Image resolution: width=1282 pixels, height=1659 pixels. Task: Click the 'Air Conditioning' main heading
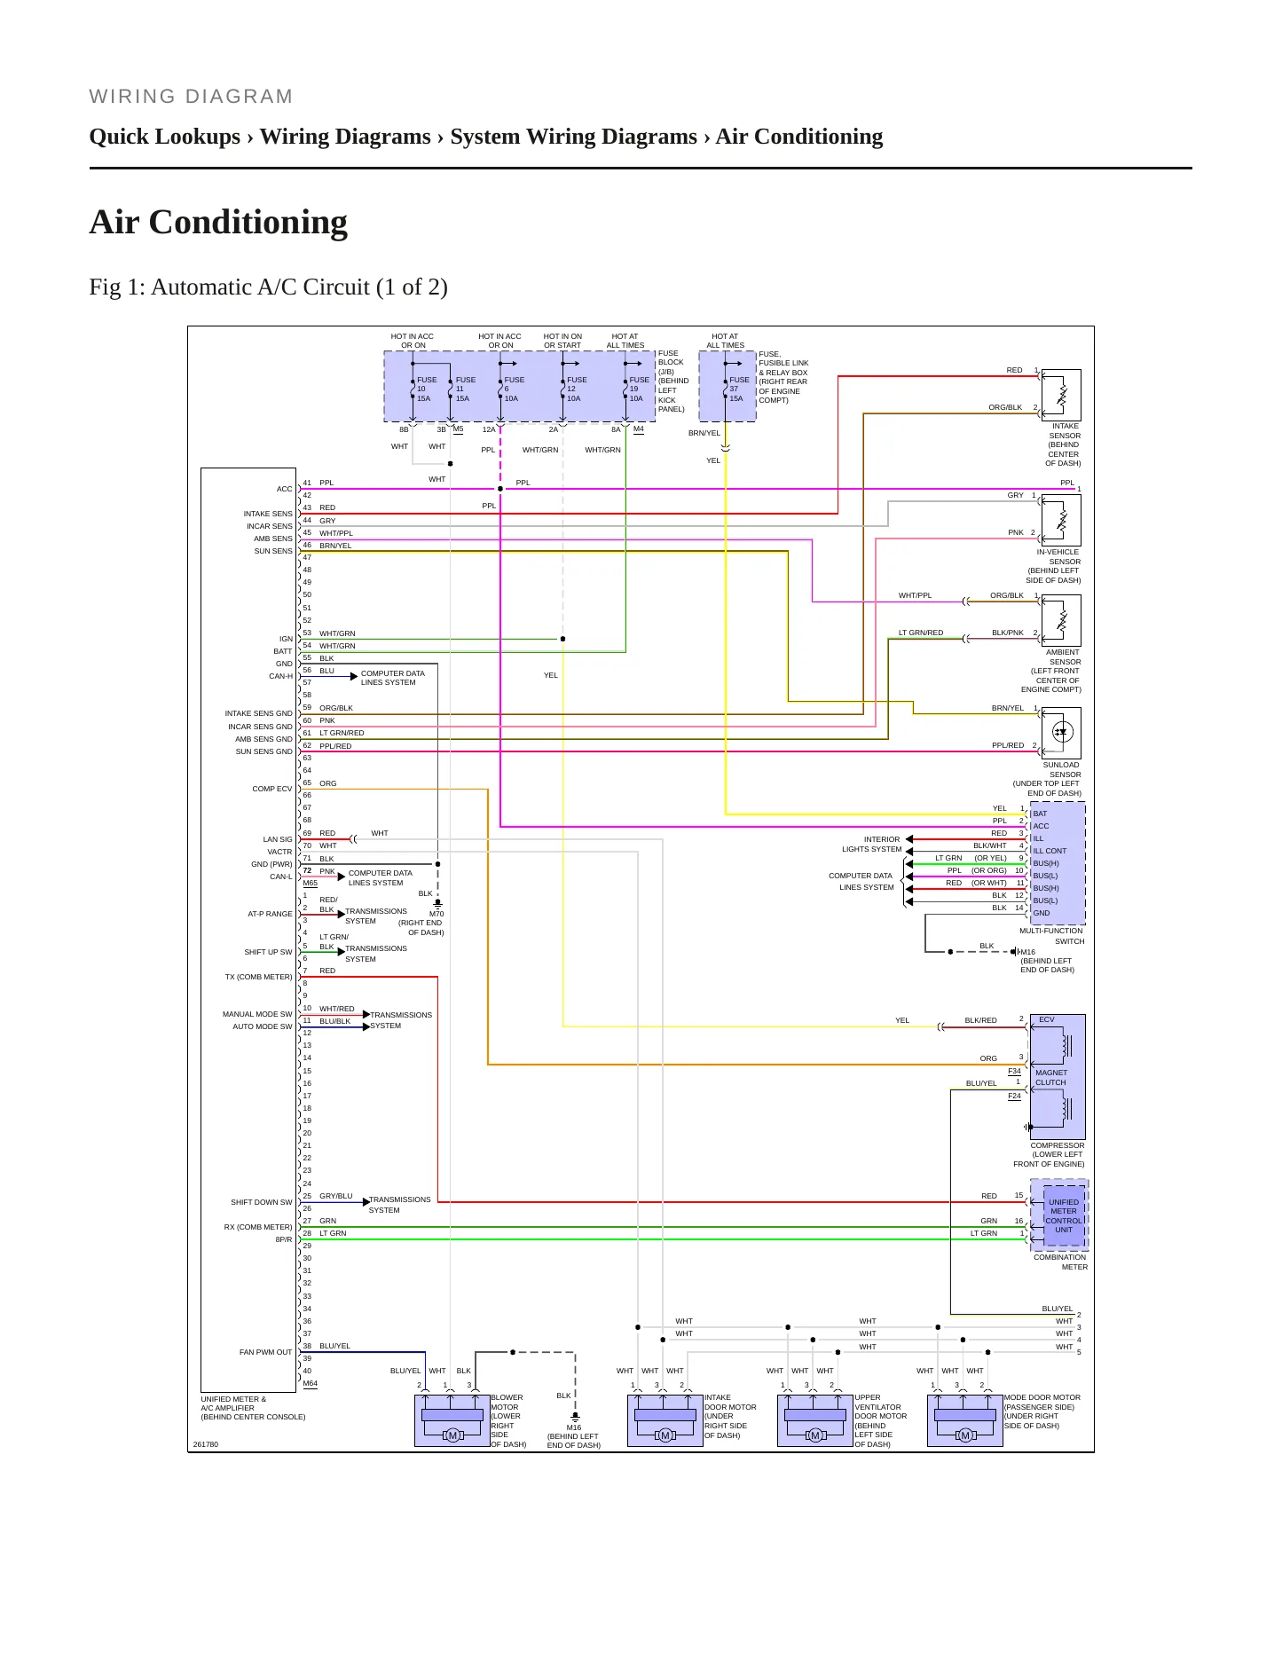click(218, 222)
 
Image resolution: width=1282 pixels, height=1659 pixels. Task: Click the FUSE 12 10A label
click(576, 389)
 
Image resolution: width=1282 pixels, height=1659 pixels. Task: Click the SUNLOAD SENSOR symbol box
click(1061, 733)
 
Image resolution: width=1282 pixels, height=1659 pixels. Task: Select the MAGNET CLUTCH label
click(1051, 1077)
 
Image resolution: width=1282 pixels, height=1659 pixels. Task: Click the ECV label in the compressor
click(1047, 1019)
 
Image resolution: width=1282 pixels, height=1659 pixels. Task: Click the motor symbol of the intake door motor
click(665, 1435)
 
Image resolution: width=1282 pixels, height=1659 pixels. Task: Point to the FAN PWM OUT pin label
click(265, 1352)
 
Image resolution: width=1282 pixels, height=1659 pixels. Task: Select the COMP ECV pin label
click(271, 789)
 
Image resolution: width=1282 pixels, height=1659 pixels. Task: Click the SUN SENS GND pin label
click(263, 751)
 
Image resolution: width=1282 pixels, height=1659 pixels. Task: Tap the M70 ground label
click(437, 914)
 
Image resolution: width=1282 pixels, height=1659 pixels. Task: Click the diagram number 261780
click(205, 1444)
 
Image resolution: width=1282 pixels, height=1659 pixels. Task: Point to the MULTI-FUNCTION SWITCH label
click(1051, 936)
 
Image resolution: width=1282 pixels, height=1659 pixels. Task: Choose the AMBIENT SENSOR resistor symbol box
click(1061, 620)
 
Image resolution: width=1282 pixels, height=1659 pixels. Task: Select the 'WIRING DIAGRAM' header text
click(191, 97)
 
